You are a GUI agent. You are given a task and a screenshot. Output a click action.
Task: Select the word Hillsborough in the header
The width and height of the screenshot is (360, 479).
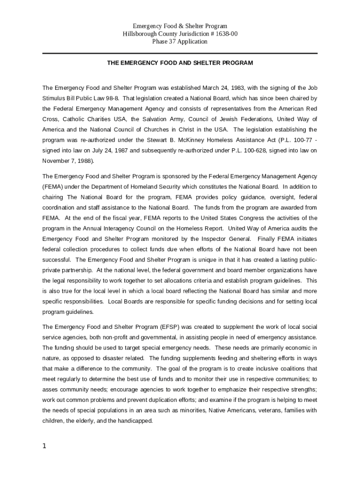(x=142, y=34)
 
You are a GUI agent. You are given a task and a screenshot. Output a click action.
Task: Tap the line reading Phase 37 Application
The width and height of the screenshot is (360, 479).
(x=180, y=41)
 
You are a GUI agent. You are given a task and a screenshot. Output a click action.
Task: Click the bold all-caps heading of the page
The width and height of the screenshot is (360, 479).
(x=180, y=63)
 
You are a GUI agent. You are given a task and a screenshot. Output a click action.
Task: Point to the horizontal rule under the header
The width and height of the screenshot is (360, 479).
(x=180, y=53)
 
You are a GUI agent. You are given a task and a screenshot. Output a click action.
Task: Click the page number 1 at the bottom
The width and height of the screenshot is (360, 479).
(x=44, y=446)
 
